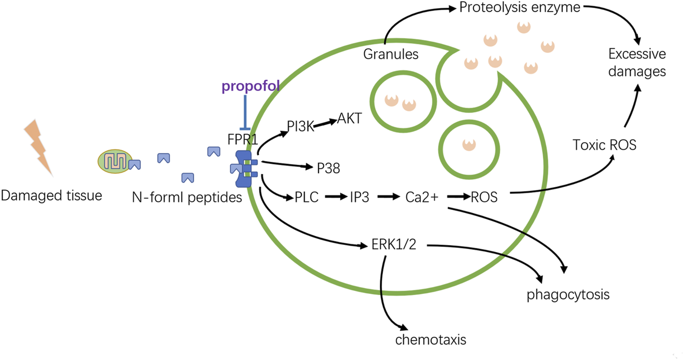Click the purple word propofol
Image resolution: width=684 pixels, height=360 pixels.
[250, 86]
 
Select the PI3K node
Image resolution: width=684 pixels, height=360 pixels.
[300, 126]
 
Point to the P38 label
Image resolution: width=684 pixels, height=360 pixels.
[328, 168]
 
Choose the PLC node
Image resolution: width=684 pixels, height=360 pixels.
[307, 197]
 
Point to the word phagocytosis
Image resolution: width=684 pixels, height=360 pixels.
[568, 295]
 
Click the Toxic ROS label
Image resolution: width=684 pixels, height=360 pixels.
[605, 145]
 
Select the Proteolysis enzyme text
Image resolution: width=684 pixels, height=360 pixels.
[520, 8]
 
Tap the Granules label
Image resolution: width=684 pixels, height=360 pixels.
[391, 54]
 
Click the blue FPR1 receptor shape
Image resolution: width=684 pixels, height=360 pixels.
[243, 169]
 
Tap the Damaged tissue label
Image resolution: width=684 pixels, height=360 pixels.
[51, 196]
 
